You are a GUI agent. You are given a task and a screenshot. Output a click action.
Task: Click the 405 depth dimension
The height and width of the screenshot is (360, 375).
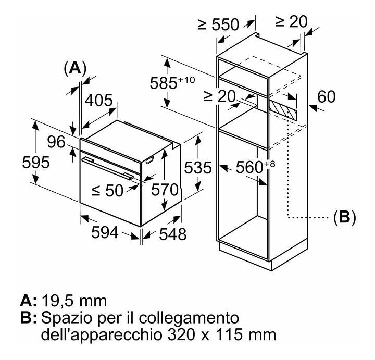tap(99, 100)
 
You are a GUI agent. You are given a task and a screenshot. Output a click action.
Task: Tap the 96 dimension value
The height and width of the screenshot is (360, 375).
tap(56, 142)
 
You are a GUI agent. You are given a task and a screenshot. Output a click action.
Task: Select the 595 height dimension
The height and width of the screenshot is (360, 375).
tap(36, 162)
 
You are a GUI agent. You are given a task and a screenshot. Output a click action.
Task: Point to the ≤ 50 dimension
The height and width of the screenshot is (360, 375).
tap(107, 191)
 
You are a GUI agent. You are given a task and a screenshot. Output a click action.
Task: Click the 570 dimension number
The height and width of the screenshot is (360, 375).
tap(165, 190)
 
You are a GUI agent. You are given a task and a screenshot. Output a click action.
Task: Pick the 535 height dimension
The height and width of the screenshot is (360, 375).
tap(198, 167)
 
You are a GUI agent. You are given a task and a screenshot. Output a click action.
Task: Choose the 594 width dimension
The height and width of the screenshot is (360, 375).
tap(105, 232)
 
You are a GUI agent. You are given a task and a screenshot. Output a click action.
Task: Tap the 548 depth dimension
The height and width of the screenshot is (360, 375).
tap(173, 234)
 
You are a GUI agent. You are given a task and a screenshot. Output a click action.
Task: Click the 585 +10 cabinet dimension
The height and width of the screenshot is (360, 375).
tap(172, 82)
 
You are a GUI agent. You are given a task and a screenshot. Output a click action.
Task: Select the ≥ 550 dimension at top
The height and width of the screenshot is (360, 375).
tap(218, 24)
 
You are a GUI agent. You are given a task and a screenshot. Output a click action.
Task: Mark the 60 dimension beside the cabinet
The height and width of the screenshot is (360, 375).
tap(327, 96)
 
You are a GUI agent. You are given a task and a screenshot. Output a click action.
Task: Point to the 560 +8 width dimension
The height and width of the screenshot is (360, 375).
tap(255, 167)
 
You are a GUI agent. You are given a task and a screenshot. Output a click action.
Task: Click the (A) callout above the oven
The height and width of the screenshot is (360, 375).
tap(75, 68)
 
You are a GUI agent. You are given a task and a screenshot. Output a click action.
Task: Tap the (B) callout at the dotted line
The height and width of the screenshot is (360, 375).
tap(345, 217)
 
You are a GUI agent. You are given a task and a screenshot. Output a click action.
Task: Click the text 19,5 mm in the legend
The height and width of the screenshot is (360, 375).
tap(74, 301)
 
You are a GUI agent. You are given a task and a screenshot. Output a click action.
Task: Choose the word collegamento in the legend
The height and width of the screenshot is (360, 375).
tap(189, 318)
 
